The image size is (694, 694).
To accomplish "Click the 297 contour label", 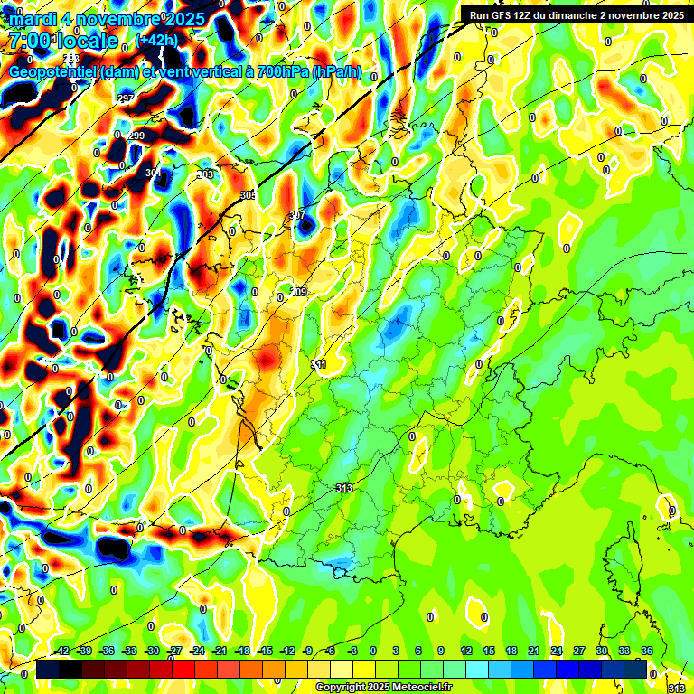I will (x=126, y=98).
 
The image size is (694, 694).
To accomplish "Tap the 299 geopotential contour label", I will (x=136, y=136).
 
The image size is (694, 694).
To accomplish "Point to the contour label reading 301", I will (x=153, y=172).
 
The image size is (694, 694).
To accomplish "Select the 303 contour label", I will (x=206, y=173).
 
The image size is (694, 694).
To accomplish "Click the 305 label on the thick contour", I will (x=248, y=195).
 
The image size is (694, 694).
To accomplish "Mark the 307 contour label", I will (x=296, y=215).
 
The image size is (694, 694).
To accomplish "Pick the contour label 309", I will (x=299, y=292).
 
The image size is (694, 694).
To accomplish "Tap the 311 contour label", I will (x=318, y=363).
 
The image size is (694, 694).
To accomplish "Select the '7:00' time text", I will (x=28, y=41).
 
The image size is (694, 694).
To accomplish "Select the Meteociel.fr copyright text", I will (x=383, y=687).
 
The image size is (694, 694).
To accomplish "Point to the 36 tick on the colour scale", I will (x=646, y=651).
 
